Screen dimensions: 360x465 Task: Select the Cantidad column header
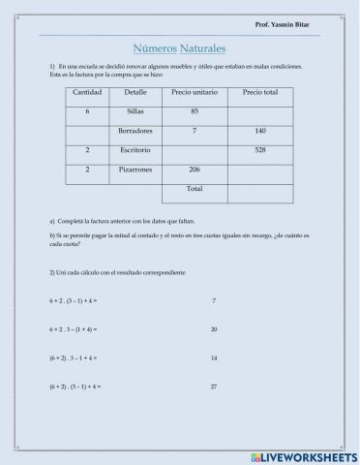(x=87, y=92)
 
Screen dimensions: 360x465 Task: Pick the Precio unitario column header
(x=195, y=92)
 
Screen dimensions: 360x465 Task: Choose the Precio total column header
(x=259, y=92)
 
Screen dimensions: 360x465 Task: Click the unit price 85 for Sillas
(x=195, y=111)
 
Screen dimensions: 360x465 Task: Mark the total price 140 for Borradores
(x=259, y=131)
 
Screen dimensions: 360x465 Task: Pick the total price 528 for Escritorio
(x=259, y=150)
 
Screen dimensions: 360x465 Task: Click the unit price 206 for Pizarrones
(x=195, y=170)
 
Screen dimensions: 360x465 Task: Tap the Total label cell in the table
(x=195, y=188)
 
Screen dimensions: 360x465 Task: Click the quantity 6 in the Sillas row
(x=87, y=111)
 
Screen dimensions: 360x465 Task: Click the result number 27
(x=213, y=387)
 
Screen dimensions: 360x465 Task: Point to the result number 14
(x=213, y=358)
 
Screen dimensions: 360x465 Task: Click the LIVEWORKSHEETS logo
(x=304, y=455)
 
